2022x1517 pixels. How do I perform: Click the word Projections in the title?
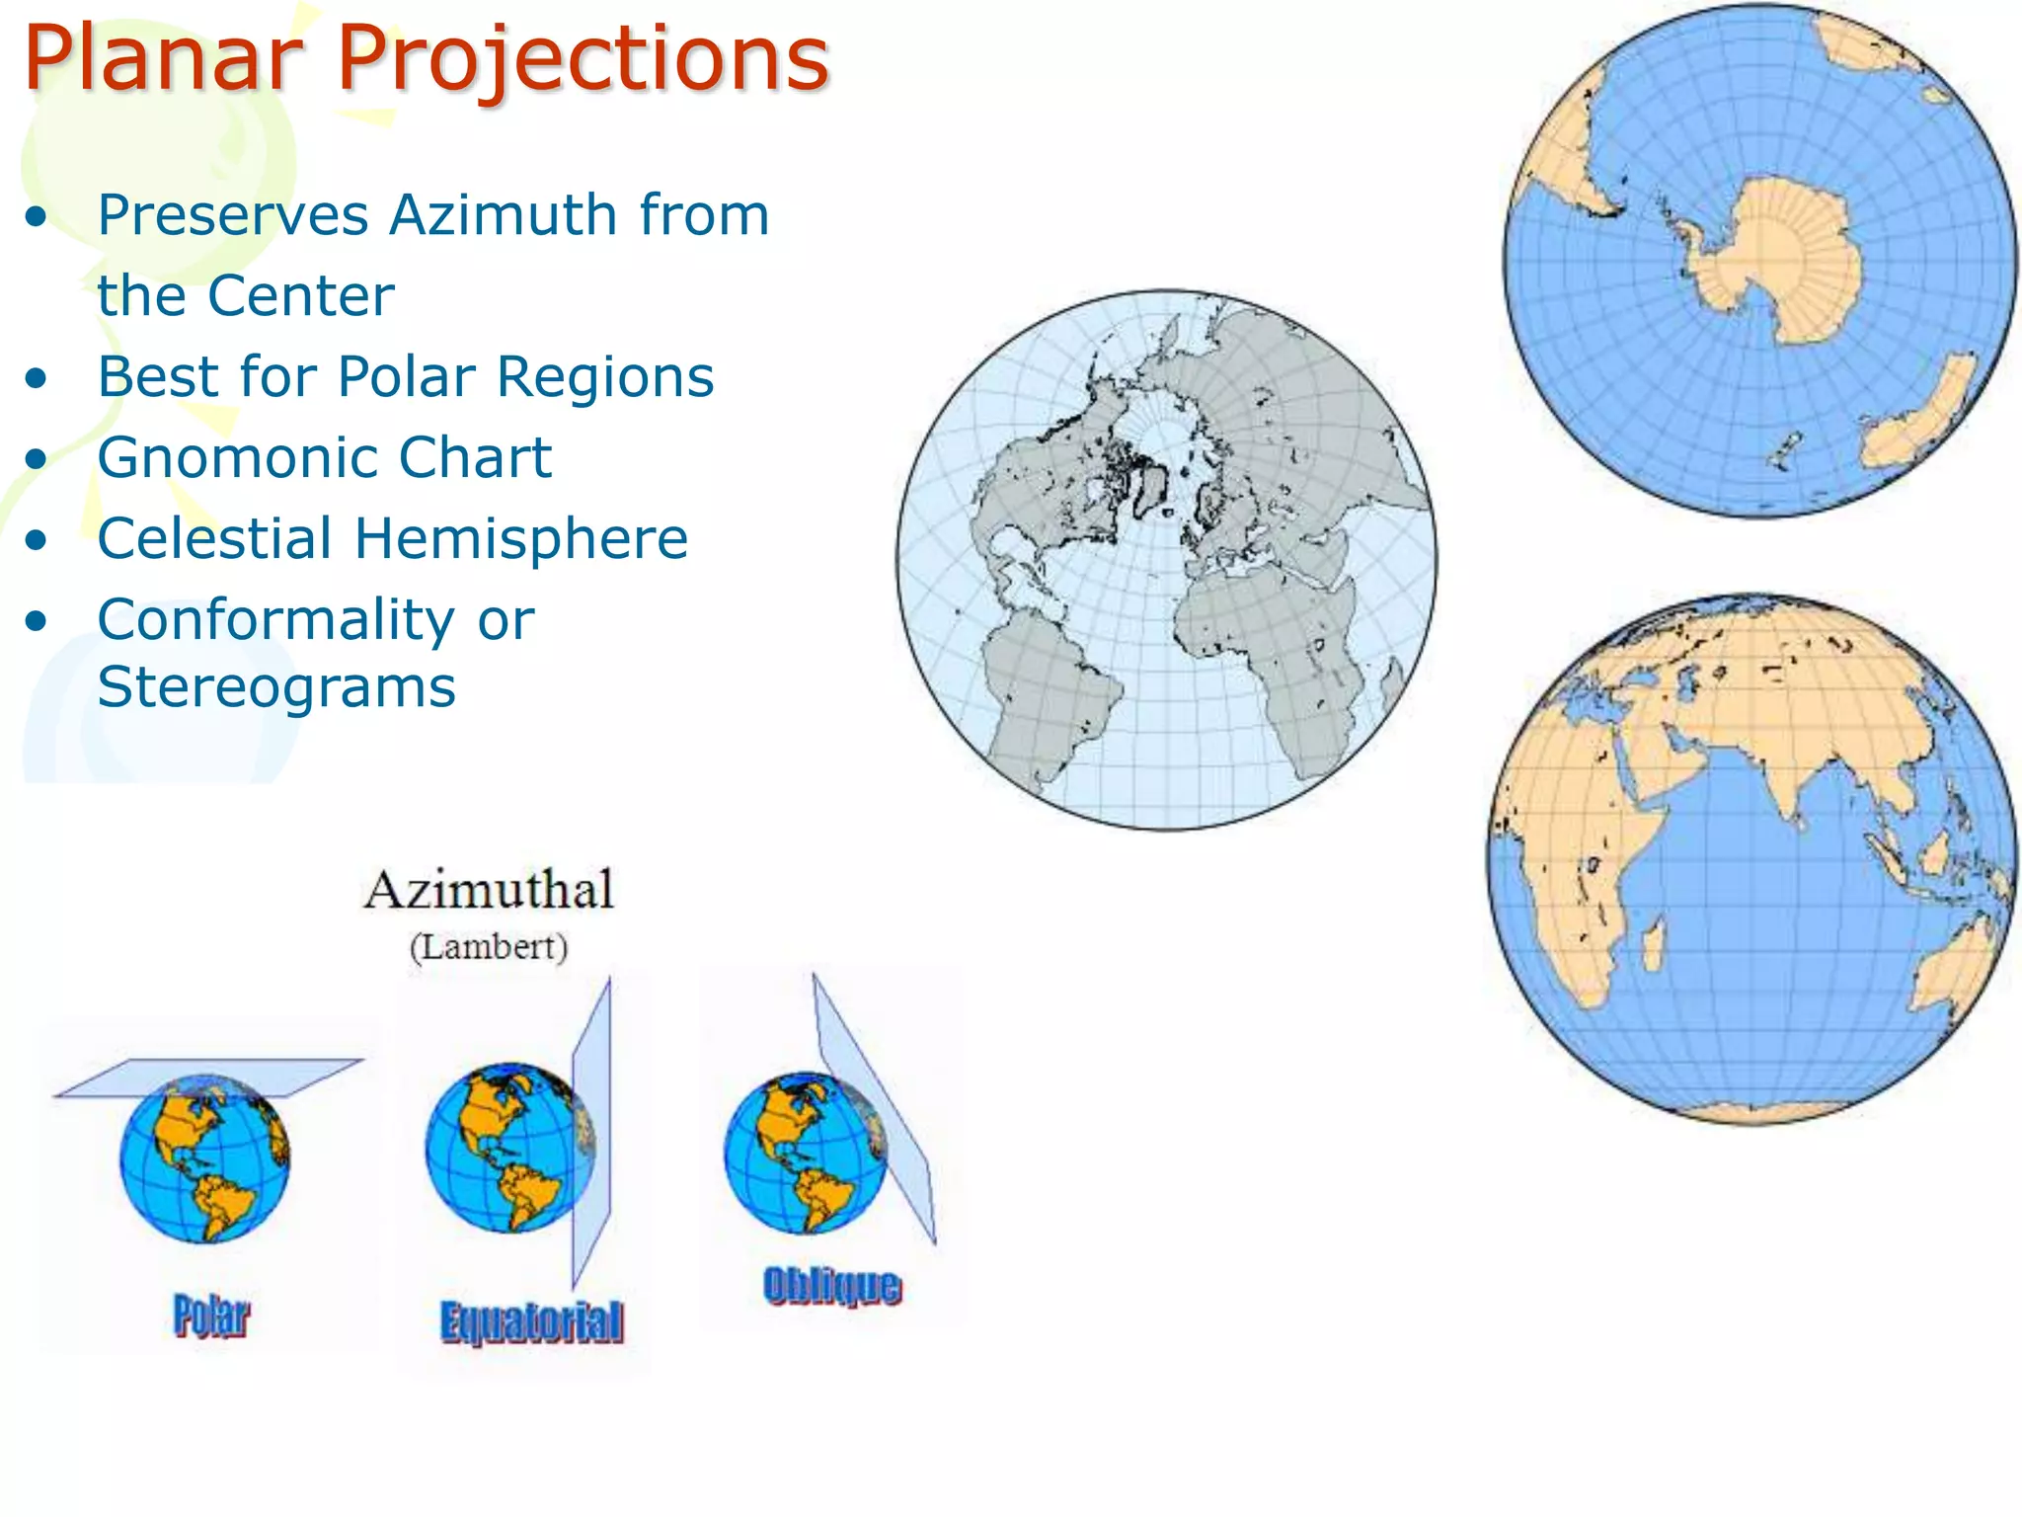[583, 59]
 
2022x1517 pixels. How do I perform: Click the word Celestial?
[215, 539]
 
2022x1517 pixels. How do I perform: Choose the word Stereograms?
[276, 687]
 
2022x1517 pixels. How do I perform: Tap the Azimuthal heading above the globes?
[490, 891]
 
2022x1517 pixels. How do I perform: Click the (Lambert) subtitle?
[490, 947]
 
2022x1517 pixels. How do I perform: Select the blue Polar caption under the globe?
[211, 1316]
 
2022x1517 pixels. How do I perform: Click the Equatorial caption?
[531, 1322]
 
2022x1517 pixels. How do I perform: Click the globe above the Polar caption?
[205, 1158]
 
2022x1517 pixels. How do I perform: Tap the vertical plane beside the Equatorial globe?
[592, 1126]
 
